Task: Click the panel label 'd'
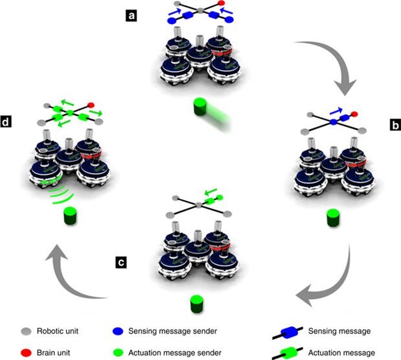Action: coord(10,121)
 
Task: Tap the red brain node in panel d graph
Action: coord(91,104)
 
